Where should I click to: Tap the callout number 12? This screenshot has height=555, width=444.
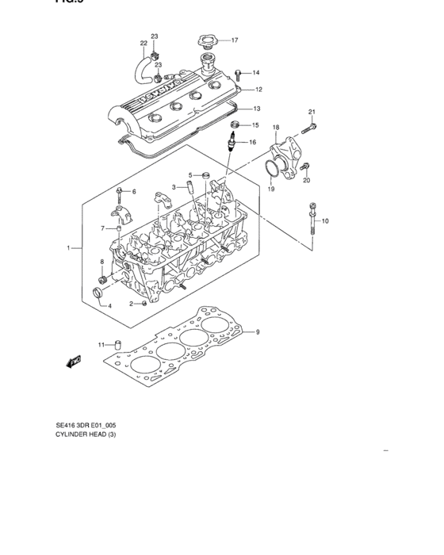(x=258, y=90)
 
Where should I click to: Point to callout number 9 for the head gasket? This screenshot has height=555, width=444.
(x=258, y=331)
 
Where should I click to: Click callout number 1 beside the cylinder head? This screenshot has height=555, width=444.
(x=69, y=248)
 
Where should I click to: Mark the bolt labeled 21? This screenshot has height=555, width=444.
(x=310, y=127)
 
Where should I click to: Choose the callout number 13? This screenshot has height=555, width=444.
(x=258, y=108)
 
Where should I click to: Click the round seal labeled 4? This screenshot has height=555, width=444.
(x=98, y=296)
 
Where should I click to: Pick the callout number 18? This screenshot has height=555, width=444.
(x=276, y=127)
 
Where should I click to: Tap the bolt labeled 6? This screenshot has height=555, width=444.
(x=120, y=191)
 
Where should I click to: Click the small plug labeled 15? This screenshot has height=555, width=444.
(x=234, y=124)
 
